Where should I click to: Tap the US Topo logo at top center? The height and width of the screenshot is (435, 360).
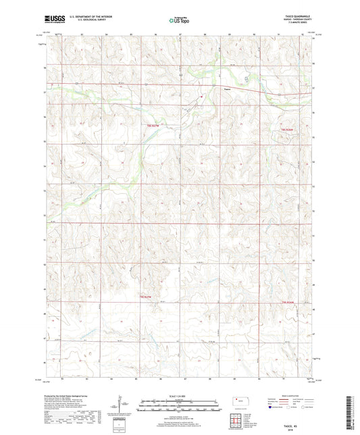[x=180, y=20]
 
